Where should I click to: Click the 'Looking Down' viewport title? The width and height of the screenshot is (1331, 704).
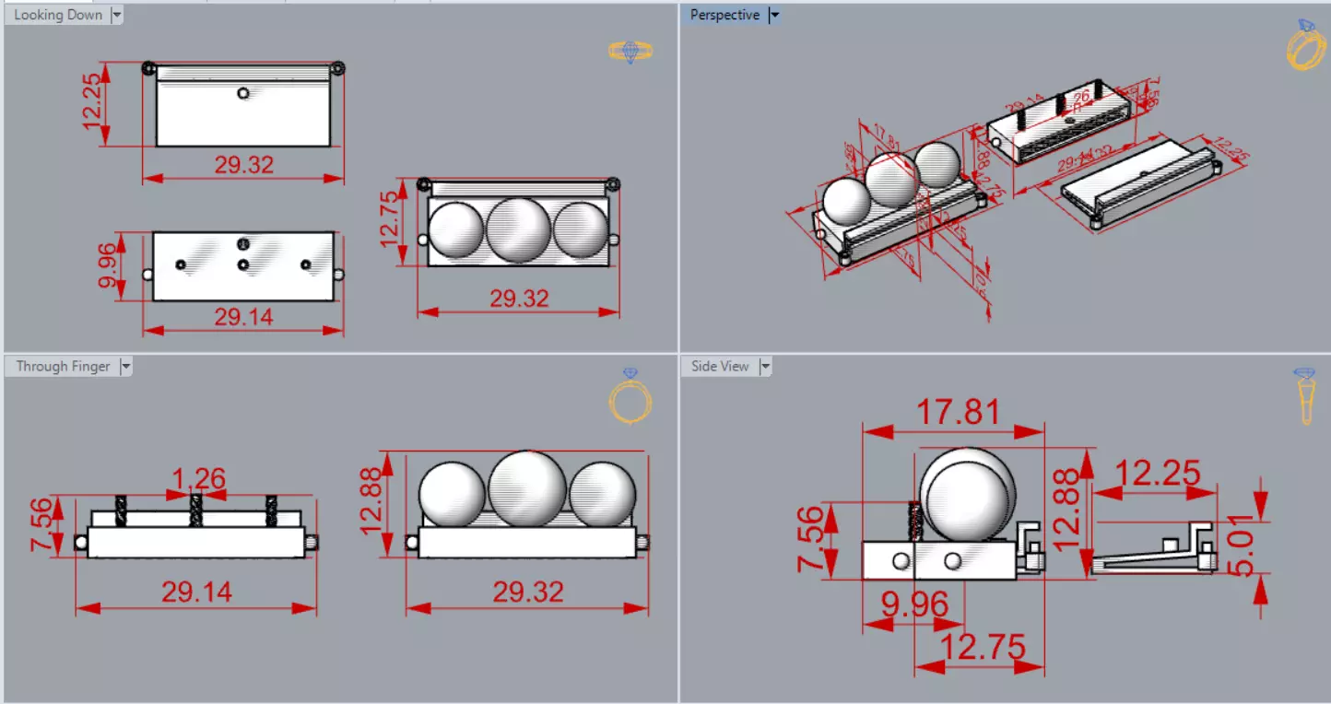click(x=58, y=15)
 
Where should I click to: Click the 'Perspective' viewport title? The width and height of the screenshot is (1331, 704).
click(x=724, y=15)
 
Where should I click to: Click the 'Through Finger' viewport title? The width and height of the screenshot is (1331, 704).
click(x=63, y=367)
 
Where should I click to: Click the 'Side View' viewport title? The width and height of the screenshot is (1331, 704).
click(x=720, y=367)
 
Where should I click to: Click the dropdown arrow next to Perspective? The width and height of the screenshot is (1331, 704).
click(x=774, y=15)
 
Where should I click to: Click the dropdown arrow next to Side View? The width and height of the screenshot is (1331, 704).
click(x=764, y=367)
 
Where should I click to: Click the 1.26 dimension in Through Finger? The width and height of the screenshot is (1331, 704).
click(x=199, y=479)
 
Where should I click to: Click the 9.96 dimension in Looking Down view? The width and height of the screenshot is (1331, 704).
click(x=108, y=265)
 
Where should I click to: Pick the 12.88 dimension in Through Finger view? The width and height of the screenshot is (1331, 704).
click(x=372, y=501)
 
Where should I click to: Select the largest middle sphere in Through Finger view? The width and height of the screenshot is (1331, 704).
click(x=527, y=489)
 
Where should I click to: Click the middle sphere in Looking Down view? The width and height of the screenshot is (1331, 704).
click(x=518, y=229)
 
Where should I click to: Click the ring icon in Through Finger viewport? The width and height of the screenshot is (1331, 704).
click(x=630, y=397)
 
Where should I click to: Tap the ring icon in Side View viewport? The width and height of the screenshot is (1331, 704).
click(x=1305, y=397)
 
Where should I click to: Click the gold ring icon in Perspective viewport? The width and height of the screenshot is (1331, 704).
click(x=1305, y=46)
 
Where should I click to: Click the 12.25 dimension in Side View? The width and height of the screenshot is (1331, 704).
click(x=1158, y=473)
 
